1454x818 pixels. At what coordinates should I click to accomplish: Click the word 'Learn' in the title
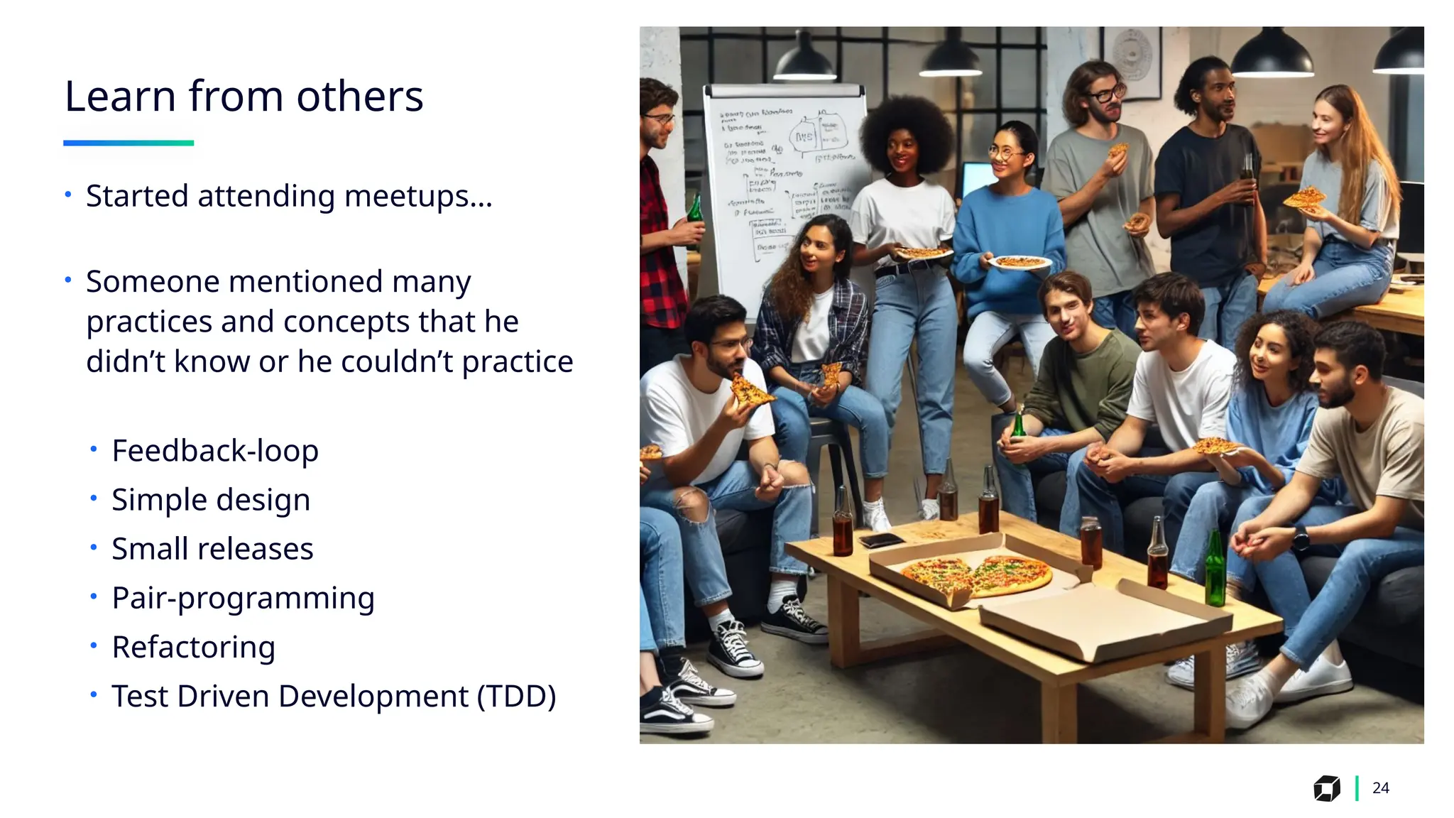(x=119, y=97)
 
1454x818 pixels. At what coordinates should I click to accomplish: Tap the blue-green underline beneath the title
(x=128, y=143)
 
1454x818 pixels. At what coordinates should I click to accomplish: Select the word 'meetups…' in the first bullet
(x=417, y=197)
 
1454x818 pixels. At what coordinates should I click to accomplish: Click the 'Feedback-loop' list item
(x=214, y=451)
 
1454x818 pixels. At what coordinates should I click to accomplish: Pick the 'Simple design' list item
(x=211, y=500)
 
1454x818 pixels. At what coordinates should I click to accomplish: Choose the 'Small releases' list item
(x=212, y=549)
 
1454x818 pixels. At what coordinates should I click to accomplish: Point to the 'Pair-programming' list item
(x=243, y=598)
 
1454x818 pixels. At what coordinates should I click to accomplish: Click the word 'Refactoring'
(x=193, y=647)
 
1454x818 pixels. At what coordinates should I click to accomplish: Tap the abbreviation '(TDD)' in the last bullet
(x=516, y=696)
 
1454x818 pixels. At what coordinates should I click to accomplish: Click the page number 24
(x=1380, y=788)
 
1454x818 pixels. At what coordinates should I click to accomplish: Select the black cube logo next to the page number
(x=1326, y=788)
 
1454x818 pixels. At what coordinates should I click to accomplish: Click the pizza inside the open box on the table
(x=978, y=574)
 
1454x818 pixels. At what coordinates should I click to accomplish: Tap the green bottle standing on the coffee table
(x=1215, y=571)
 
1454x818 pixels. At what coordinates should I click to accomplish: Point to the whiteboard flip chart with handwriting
(x=785, y=185)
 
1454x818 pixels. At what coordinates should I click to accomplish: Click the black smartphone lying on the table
(x=880, y=541)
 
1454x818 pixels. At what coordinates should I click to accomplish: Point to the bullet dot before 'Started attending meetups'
(x=68, y=195)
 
